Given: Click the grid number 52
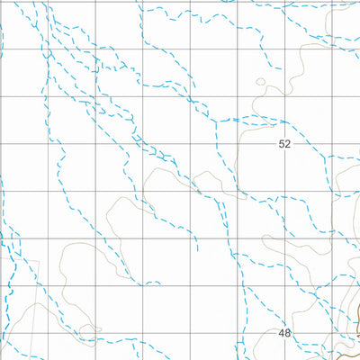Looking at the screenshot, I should point(285,143).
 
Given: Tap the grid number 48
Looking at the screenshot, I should point(285,333).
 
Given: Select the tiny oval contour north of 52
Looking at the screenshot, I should point(261,83).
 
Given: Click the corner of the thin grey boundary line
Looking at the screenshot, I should point(39,261).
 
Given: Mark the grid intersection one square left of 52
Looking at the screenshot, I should point(237,143).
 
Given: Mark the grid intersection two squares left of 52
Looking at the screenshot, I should point(189,143).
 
